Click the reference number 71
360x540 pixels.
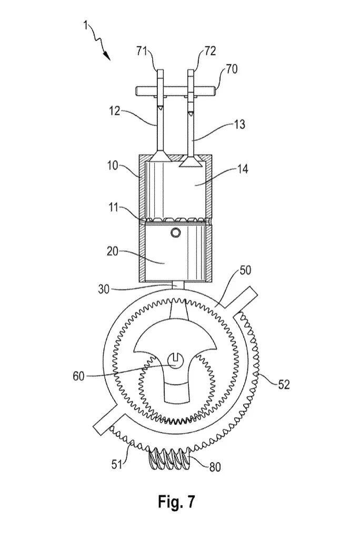coord(141,52)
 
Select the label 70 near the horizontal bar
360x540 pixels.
coord(232,69)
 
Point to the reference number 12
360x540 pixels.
coord(115,111)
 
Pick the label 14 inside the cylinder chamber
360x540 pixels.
coord(242,169)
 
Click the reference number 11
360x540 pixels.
coord(113,208)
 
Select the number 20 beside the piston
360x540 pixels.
coord(113,252)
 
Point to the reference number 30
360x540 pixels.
coord(103,289)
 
